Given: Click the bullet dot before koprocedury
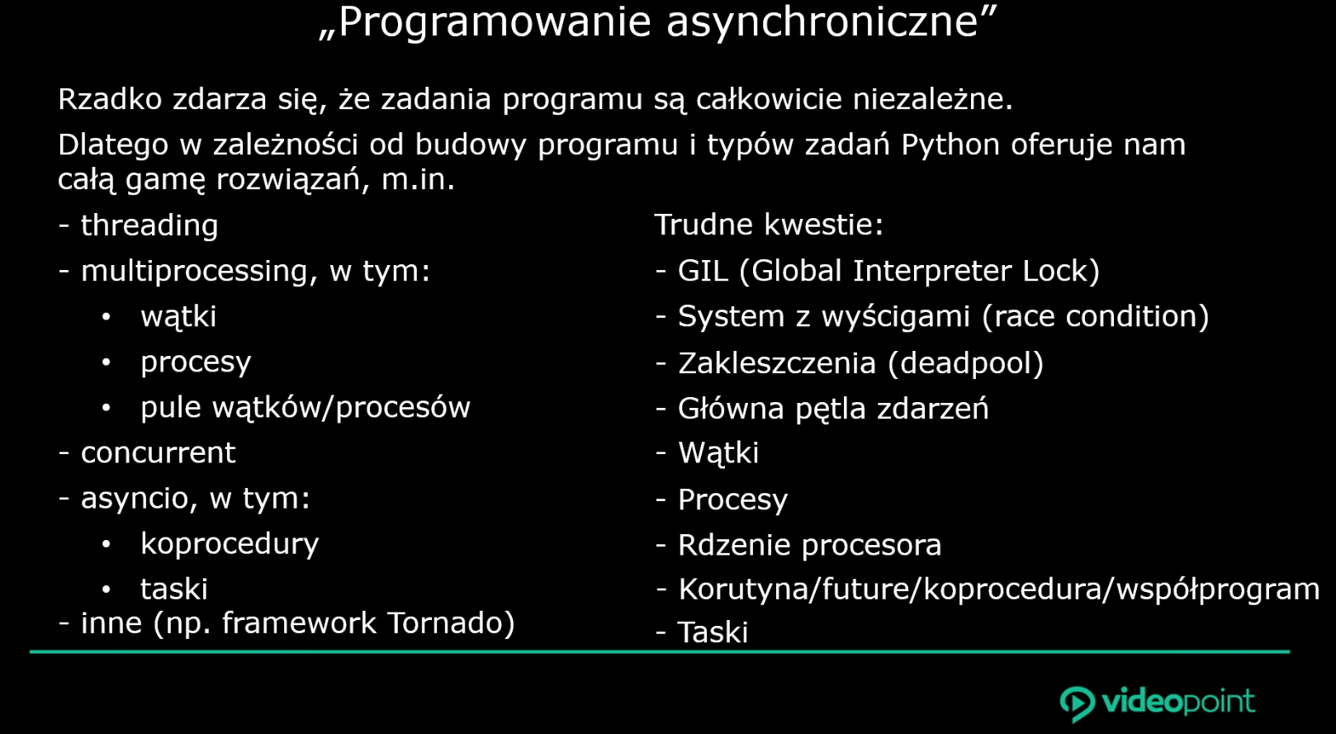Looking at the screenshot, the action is click(107, 544).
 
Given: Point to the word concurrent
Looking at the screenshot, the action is click(159, 453).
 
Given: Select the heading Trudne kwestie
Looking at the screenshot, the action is click(769, 225).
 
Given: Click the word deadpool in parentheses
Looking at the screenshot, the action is click(965, 364).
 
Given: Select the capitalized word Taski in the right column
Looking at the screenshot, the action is click(713, 632).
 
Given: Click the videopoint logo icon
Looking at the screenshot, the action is click(1078, 704).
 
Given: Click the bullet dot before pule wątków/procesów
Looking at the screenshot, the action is click(107, 408).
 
